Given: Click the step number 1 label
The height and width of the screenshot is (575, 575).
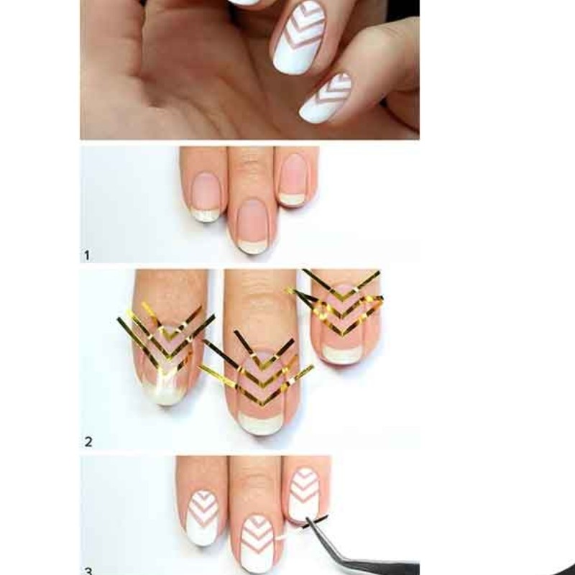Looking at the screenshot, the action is [x=87, y=255].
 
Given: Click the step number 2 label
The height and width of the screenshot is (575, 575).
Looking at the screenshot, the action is [x=88, y=442].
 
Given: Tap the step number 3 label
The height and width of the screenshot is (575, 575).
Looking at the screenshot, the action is [x=88, y=571].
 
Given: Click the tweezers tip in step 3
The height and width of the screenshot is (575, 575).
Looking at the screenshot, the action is [x=308, y=520].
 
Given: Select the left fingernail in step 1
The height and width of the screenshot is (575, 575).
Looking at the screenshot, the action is [x=206, y=197].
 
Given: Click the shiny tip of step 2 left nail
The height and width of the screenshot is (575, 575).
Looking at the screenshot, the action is [x=166, y=392].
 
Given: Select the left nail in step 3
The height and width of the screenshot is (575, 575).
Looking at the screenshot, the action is [x=203, y=518].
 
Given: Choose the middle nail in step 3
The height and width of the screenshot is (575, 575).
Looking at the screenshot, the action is [x=257, y=544].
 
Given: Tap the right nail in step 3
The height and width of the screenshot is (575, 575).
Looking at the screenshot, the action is [x=303, y=493].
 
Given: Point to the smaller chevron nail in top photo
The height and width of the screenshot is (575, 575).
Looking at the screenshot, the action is [x=325, y=98].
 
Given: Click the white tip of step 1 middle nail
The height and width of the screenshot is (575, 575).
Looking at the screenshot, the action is [x=253, y=247].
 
